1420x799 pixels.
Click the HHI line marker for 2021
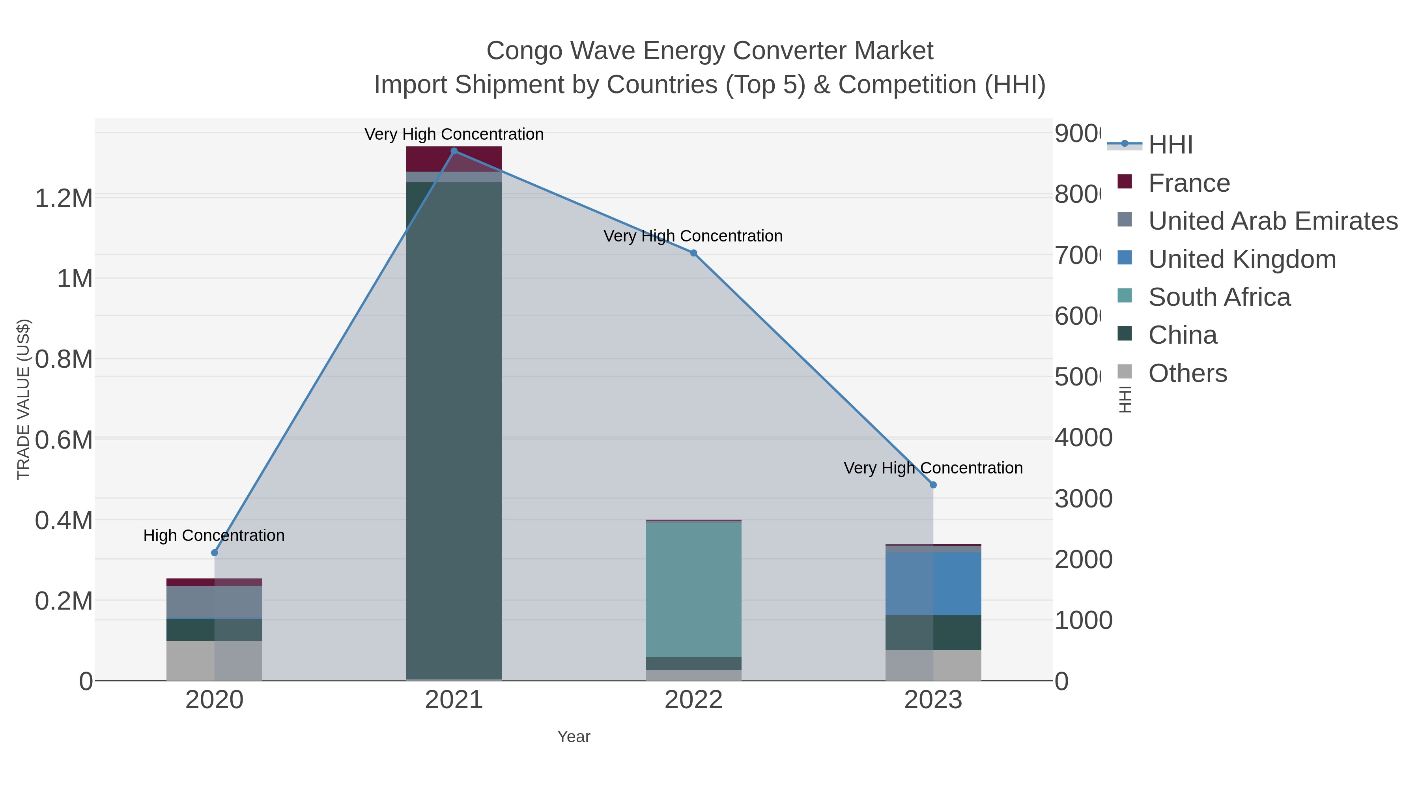click(x=454, y=151)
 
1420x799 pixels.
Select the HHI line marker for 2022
click(x=693, y=253)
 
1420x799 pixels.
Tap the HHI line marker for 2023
click(x=933, y=485)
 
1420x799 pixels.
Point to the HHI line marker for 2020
click(x=215, y=552)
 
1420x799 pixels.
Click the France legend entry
click(x=1188, y=183)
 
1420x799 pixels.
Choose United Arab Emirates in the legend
click(x=1272, y=221)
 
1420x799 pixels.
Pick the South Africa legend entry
click(x=1219, y=297)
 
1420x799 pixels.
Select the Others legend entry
click(x=1187, y=373)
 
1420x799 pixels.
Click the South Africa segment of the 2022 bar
click(x=693, y=589)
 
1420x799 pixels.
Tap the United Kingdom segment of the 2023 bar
click(x=933, y=584)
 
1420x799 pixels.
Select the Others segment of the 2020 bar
click(x=215, y=660)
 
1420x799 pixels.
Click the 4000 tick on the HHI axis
click(x=1083, y=438)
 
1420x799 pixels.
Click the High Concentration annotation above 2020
click(x=214, y=535)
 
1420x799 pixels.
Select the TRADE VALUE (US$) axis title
click(x=23, y=399)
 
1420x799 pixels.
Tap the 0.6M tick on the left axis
click(x=64, y=440)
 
